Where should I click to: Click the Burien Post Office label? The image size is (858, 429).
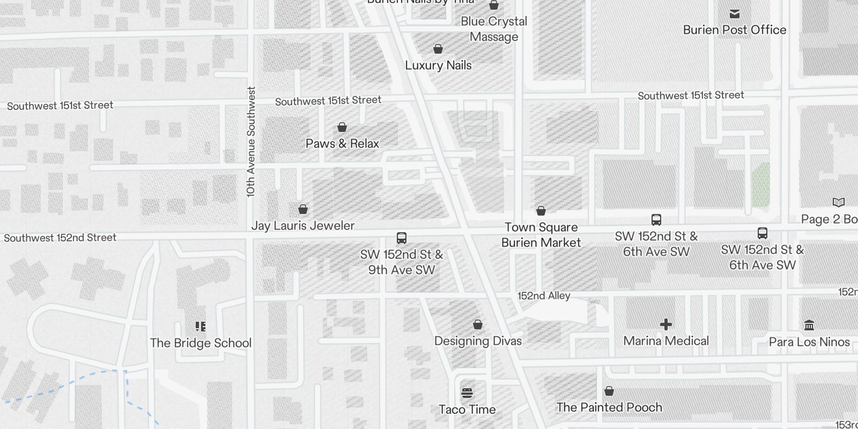click(734, 30)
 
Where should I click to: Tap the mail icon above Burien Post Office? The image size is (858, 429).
click(735, 13)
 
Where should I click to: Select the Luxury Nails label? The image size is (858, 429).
click(438, 65)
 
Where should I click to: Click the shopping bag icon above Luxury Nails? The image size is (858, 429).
click(438, 49)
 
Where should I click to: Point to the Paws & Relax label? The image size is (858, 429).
click(342, 144)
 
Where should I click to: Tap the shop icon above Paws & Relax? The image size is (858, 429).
click(342, 127)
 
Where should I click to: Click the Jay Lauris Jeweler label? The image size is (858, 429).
click(303, 226)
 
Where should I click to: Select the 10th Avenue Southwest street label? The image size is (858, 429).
click(250, 142)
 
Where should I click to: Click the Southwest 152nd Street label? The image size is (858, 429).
click(60, 238)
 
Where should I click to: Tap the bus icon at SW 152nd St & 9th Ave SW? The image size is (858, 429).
click(401, 238)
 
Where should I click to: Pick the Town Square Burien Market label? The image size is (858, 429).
click(541, 235)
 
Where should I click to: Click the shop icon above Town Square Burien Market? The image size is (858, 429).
click(541, 211)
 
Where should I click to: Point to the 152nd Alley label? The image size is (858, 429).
click(544, 295)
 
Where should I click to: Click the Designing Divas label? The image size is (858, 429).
click(478, 341)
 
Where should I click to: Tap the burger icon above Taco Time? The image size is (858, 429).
click(467, 393)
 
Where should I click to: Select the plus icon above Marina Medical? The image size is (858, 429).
click(666, 324)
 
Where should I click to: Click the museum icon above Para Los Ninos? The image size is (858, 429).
click(809, 325)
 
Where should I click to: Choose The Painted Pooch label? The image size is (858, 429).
click(609, 408)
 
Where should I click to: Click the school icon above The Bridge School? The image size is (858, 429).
click(201, 326)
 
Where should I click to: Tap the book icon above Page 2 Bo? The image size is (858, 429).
click(839, 202)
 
